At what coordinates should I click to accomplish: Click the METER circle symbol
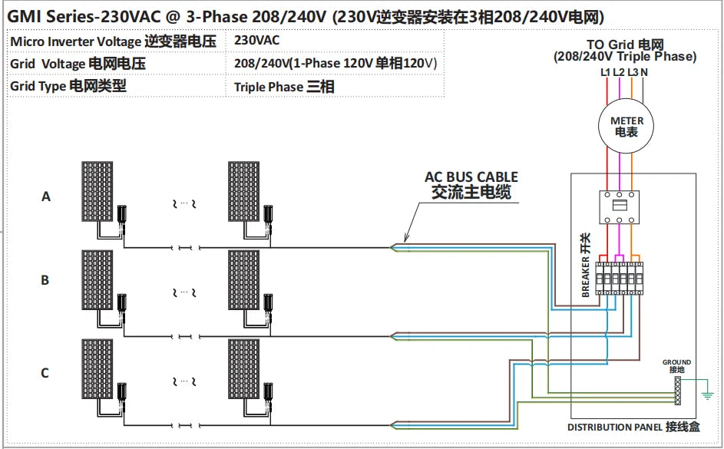(626, 127)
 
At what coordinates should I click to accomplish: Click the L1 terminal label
(606, 72)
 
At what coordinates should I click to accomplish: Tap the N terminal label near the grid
(644, 72)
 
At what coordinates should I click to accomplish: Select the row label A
(45, 196)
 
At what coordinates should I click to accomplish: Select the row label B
(45, 280)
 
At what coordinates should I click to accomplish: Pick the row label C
(45, 373)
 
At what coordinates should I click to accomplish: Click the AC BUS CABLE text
(471, 177)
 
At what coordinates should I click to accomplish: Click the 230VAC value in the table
(257, 40)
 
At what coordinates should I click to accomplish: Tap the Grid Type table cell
(68, 86)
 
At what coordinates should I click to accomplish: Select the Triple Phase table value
(283, 87)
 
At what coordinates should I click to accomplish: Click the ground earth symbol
(708, 395)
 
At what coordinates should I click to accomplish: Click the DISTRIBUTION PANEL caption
(633, 428)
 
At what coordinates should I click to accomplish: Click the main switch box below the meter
(620, 204)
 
